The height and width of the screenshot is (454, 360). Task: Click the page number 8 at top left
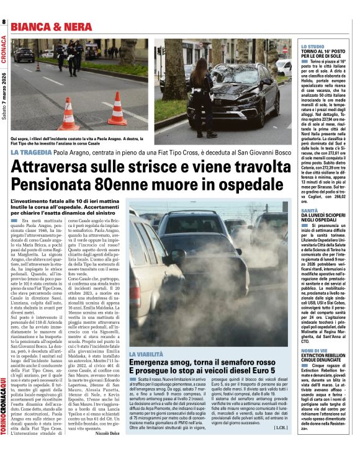[4, 23]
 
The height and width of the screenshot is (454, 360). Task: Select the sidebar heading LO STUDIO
[312, 47]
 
